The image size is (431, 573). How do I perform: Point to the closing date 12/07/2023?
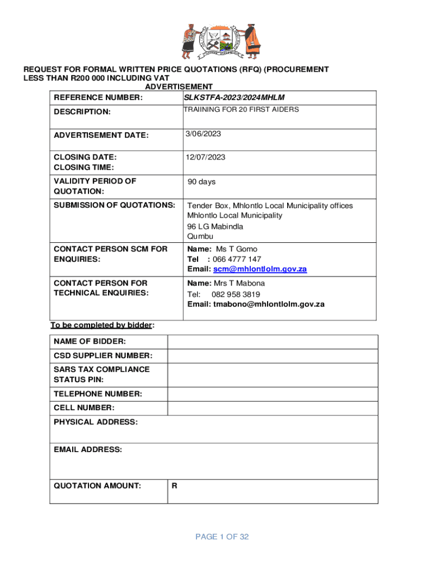click(206, 157)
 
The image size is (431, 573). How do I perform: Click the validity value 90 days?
click(202, 182)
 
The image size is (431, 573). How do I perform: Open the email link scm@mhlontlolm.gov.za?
click(260, 269)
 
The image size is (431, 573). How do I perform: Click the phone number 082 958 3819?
click(236, 294)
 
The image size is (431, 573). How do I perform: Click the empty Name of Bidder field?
click(273, 341)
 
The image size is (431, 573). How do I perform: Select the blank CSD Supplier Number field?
click(273, 355)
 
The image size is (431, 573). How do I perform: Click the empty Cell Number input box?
click(273, 408)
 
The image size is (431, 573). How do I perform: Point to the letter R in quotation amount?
click(175, 486)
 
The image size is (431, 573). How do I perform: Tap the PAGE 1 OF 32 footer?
click(222, 537)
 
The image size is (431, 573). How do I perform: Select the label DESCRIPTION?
click(82, 111)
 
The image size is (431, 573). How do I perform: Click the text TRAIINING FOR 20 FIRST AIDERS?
click(241, 110)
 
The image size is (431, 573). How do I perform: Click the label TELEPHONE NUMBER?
click(97, 394)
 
